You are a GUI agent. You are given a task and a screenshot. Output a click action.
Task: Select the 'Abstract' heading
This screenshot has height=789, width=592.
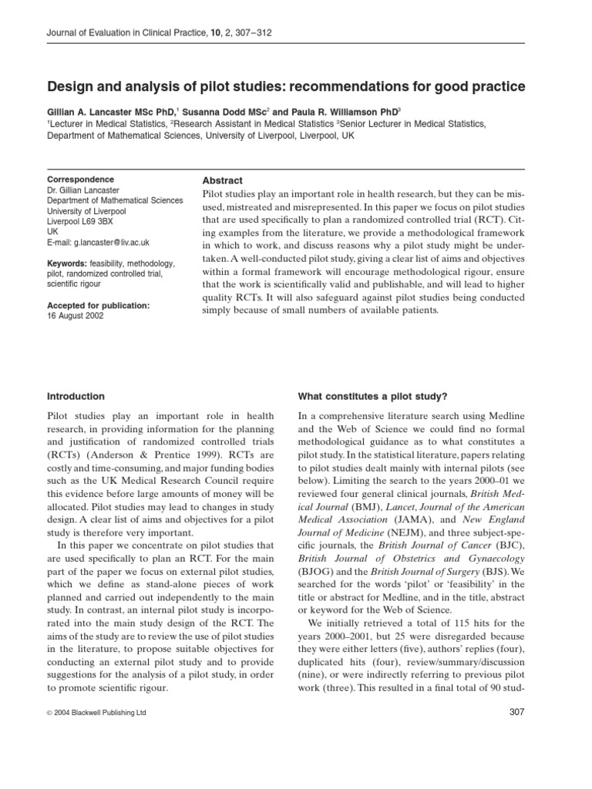tap(222, 180)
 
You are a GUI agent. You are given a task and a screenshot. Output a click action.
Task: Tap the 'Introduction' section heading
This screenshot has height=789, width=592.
tap(76, 396)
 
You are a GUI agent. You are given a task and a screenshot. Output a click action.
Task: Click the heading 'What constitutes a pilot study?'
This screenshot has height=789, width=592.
tap(372, 396)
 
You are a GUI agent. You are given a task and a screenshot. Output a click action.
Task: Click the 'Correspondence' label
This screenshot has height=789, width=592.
tap(81, 180)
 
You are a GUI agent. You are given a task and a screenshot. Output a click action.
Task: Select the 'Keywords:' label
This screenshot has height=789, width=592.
tap(68, 264)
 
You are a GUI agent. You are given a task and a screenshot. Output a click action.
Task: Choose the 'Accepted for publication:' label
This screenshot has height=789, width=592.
tap(99, 306)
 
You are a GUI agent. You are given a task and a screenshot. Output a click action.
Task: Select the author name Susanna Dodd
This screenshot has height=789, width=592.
tap(227, 111)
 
